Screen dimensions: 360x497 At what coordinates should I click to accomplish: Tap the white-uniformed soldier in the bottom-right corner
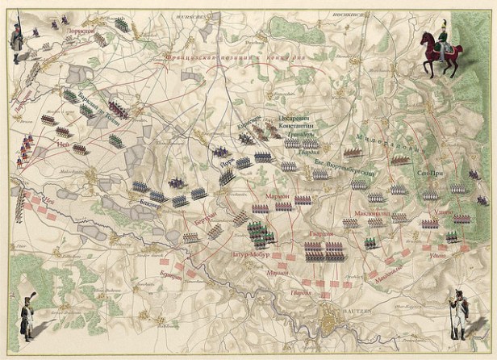click(457, 314)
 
